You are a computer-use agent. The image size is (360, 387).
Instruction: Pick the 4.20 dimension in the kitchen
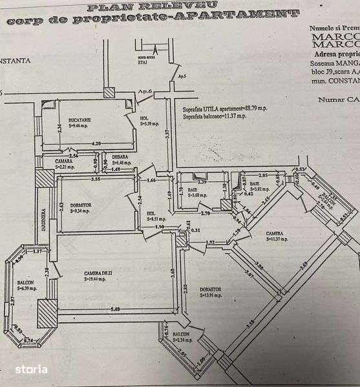pos(95,143)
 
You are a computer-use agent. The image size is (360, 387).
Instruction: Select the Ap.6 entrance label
pos(143,92)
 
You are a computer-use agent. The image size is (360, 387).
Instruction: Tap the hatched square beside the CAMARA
pos(43,178)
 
